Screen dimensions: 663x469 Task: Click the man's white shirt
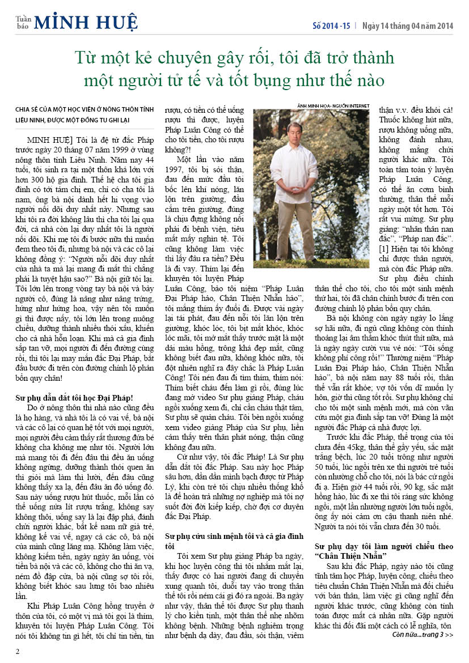[x=294, y=170]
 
